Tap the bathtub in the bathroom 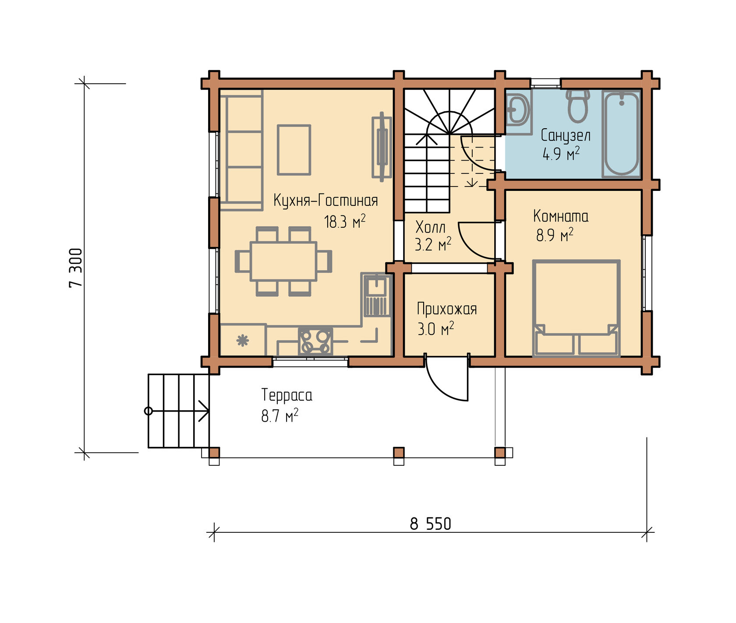point(621,134)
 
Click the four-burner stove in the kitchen point(315,341)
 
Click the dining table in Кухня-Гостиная point(283,261)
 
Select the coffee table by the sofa point(294,150)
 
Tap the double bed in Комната point(576,308)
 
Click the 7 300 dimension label point(75,268)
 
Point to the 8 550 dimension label point(430,524)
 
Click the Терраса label point(287,395)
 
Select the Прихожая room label point(446,309)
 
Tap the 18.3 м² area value point(344,222)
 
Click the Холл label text point(430,227)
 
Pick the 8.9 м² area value point(555,235)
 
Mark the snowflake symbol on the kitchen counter point(242,341)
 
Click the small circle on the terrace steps point(149,411)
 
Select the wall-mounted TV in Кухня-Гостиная point(382,147)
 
